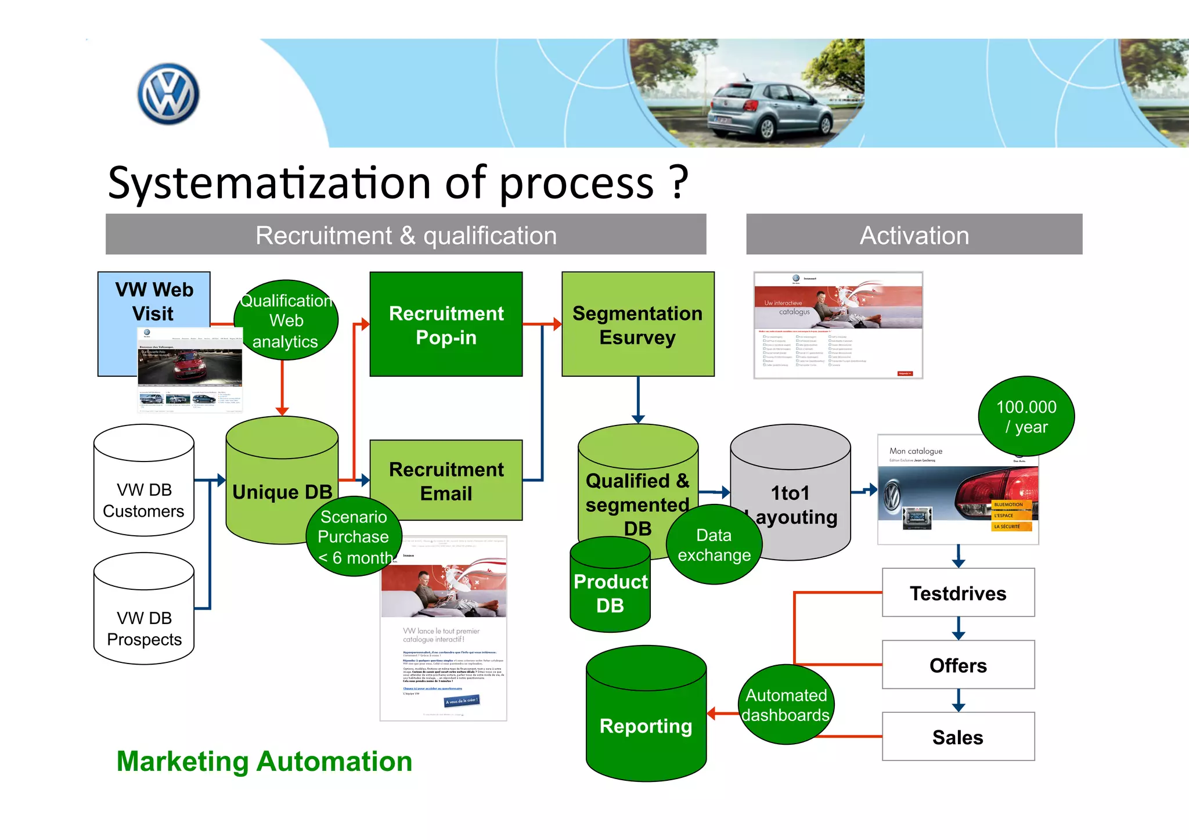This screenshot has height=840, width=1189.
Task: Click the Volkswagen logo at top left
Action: click(x=168, y=94)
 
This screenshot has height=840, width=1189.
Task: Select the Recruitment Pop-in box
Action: click(x=446, y=325)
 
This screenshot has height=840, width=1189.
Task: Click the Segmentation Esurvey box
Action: click(x=637, y=325)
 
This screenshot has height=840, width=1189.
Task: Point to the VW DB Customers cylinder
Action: click(x=144, y=482)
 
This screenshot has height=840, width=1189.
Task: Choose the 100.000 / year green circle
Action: click(x=1026, y=416)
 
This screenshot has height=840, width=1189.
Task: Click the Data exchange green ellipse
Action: click(x=714, y=545)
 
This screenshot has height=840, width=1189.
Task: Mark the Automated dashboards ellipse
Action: click(x=786, y=705)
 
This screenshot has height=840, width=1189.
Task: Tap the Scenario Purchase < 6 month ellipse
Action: click(x=354, y=537)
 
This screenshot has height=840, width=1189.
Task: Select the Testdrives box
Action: click(x=958, y=593)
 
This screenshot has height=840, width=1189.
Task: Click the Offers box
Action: click(x=958, y=665)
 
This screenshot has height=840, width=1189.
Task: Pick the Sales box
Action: click(x=958, y=737)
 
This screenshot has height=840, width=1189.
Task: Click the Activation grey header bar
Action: click(x=914, y=235)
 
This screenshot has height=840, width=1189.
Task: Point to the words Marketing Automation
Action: click(x=264, y=761)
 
